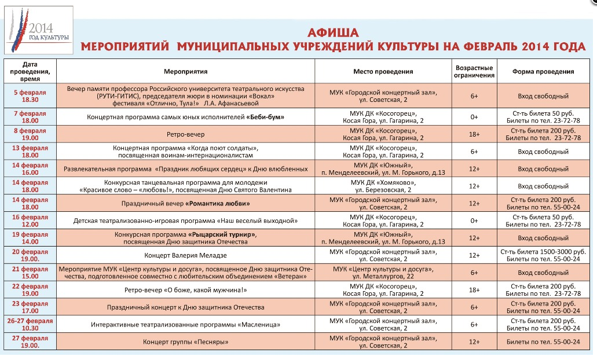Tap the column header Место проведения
pyautogui.click(x=383, y=71)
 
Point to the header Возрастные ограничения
pyautogui.click(x=474, y=71)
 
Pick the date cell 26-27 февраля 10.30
pyautogui.click(x=31, y=325)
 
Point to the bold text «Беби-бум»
pyautogui.click(x=267, y=117)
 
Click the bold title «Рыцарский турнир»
pyautogui.click(x=222, y=234)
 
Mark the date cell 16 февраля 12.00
pyautogui.click(x=31, y=221)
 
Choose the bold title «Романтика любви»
pyautogui.click(x=218, y=204)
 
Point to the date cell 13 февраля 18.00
pyautogui.click(x=31, y=152)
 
